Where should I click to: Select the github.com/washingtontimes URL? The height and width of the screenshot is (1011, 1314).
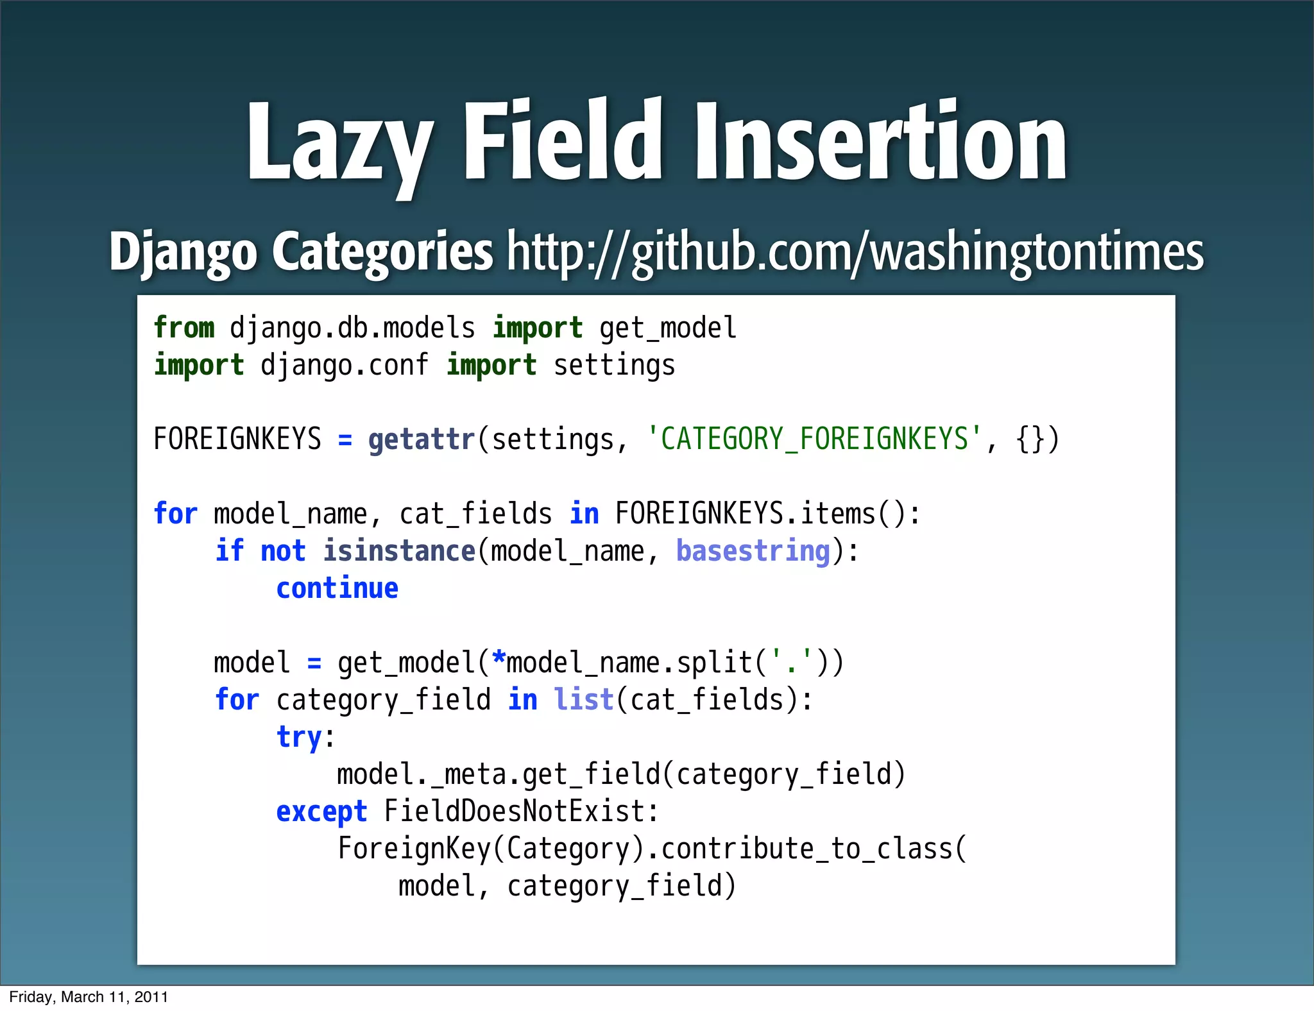pos(855,251)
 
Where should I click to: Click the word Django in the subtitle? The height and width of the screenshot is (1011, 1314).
pos(183,251)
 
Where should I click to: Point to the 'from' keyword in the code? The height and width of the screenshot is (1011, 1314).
pos(184,328)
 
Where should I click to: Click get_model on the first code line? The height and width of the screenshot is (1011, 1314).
pos(667,328)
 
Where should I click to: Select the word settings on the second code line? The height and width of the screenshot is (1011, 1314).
pos(614,366)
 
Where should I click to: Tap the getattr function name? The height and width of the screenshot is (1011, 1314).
pos(421,439)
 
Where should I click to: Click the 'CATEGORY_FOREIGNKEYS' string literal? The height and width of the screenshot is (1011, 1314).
pos(814,439)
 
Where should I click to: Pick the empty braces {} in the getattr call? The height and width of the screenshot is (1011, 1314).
pos(1030,439)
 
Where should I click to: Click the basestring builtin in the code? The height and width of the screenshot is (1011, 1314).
pos(753,551)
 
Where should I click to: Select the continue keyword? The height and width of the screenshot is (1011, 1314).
pos(337,588)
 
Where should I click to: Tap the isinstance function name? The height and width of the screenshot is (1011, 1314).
pos(398,551)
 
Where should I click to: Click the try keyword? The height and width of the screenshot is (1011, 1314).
pos(299,737)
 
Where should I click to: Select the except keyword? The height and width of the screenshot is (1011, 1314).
pos(321,811)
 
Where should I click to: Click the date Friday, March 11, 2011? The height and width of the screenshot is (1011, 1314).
pos(89,997)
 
